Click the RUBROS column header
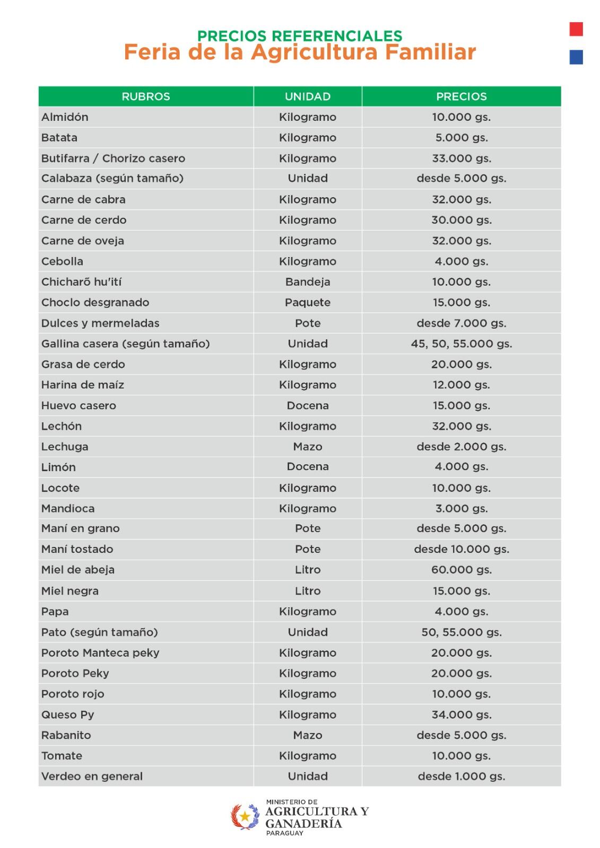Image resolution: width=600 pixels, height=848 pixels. tap(146, 96)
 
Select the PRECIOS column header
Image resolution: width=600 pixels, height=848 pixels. tap(461, 96)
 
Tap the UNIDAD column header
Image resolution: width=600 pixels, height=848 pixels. tap(308, 96)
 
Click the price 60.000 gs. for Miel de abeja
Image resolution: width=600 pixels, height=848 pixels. tap(461, 570)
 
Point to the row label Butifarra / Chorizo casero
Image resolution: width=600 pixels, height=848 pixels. tap(113, 158)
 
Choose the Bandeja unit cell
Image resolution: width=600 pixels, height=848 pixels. tap(308, 282)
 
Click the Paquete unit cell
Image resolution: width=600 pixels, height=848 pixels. tap(308, 303)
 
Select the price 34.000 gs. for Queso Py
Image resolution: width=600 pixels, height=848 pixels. tap(461, 714)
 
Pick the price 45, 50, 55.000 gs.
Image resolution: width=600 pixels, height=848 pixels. tap(461, 344)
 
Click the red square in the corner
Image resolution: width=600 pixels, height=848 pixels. tap(576, 29)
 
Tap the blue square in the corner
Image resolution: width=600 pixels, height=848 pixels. tap(576, 57)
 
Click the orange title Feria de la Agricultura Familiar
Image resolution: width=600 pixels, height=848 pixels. tap(300, 52)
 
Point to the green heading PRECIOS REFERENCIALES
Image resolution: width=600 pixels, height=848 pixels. tap(300, 36)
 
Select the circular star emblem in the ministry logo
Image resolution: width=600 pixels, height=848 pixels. tap(245, 816)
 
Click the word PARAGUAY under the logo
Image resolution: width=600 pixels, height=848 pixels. tap(285, 833)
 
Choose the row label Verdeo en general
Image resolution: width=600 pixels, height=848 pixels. tap(92, 776)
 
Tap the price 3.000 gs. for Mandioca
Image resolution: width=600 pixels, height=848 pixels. tap(461, 509)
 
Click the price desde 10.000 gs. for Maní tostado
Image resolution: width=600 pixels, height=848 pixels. tap(461, 550)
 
